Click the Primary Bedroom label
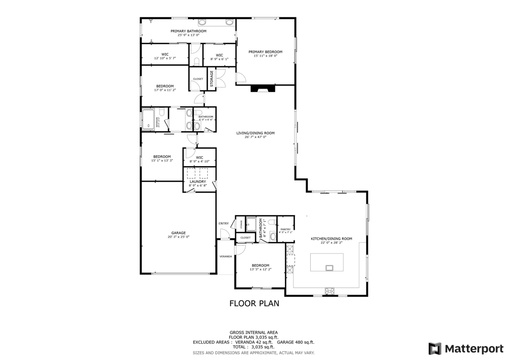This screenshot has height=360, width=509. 265,52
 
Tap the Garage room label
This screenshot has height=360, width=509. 178,233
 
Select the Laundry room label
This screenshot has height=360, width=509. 198,181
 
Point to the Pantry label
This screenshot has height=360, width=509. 285,229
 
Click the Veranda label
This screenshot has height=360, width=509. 226,257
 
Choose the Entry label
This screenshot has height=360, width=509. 223,223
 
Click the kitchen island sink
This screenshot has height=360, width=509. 330,268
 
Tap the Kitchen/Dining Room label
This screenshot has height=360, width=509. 331,239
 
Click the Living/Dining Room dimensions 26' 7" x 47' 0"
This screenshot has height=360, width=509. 255,137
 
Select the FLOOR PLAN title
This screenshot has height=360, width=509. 254,303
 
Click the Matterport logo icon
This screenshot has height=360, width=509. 435,348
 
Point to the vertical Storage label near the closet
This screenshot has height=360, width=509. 211,79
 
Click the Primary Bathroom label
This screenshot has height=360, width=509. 188,31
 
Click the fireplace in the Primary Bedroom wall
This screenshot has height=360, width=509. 262,89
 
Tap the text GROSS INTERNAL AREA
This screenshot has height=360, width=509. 254,332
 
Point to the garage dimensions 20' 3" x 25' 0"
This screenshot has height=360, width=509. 178,237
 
